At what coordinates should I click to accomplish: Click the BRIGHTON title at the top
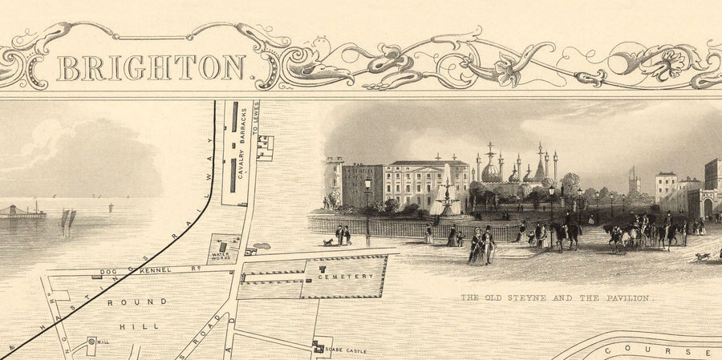(x=150, y=67)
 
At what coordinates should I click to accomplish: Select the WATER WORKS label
(x=221, y=256)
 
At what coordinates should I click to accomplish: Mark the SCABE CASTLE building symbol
(x=321, y=346)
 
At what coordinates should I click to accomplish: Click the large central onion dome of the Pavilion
(x=491, y=172)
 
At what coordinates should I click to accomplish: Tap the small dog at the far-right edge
(x=703, y=257)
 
